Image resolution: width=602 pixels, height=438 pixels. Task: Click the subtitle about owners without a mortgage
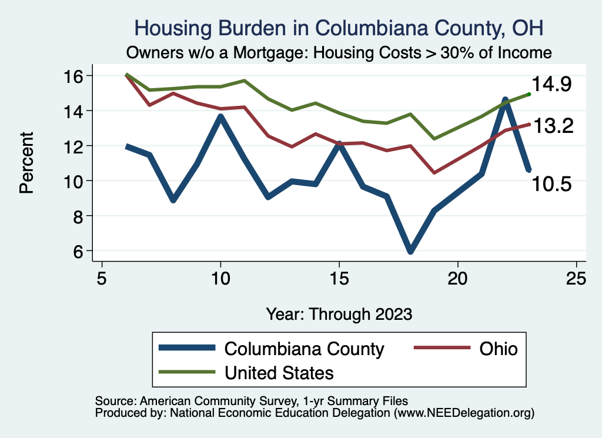339,52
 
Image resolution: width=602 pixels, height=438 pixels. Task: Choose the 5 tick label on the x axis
102,277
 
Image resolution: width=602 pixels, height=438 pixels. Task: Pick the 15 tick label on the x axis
339,277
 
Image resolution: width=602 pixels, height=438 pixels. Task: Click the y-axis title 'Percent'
26,163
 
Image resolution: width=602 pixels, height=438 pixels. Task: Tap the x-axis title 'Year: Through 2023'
339,313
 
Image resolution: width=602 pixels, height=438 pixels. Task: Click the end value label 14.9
552,85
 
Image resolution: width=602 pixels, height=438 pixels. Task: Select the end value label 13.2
553,125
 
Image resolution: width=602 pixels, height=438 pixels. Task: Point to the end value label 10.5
552,185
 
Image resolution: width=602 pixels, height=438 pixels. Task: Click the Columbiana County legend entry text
304,349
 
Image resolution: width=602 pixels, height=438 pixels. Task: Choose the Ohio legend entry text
499,349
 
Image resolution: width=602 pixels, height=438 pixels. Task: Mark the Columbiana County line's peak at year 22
505,100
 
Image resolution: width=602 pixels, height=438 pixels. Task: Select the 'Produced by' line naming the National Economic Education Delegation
315,413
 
